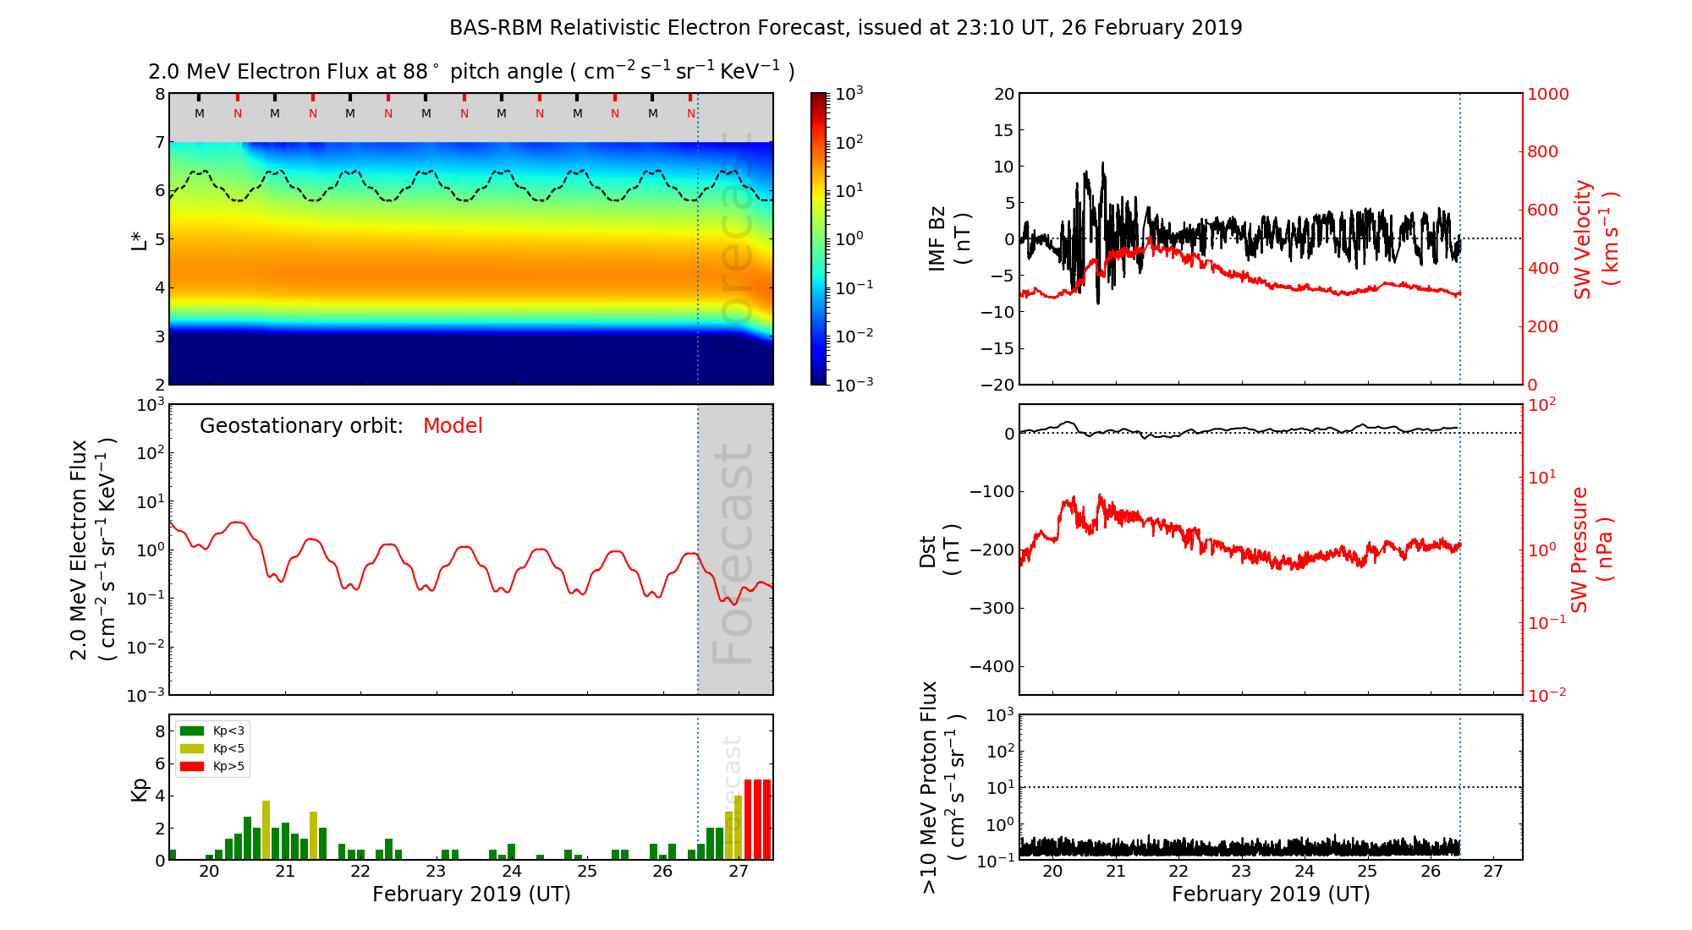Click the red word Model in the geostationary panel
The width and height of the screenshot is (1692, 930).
[x=453, y=426]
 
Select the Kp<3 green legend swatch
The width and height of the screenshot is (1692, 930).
[x=192, y=730]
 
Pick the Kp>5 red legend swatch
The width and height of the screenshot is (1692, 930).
[x=192, y=767]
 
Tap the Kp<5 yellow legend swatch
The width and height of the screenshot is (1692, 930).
[x=192, y=749]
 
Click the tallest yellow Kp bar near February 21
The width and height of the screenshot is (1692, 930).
[x=266, y=829]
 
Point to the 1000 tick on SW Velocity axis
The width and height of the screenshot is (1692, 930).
[x=1547, y=94]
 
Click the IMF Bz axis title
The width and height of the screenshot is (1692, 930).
[x=949, y=238]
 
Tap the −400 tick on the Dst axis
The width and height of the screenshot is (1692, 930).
[x=992, y=666]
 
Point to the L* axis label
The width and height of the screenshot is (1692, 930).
[x=139, y=239]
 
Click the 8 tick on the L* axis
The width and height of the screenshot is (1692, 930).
[x=159, y=94]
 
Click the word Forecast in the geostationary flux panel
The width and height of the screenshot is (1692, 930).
[x=733, y=554]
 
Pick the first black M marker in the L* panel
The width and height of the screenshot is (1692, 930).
[x=200, y=113]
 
